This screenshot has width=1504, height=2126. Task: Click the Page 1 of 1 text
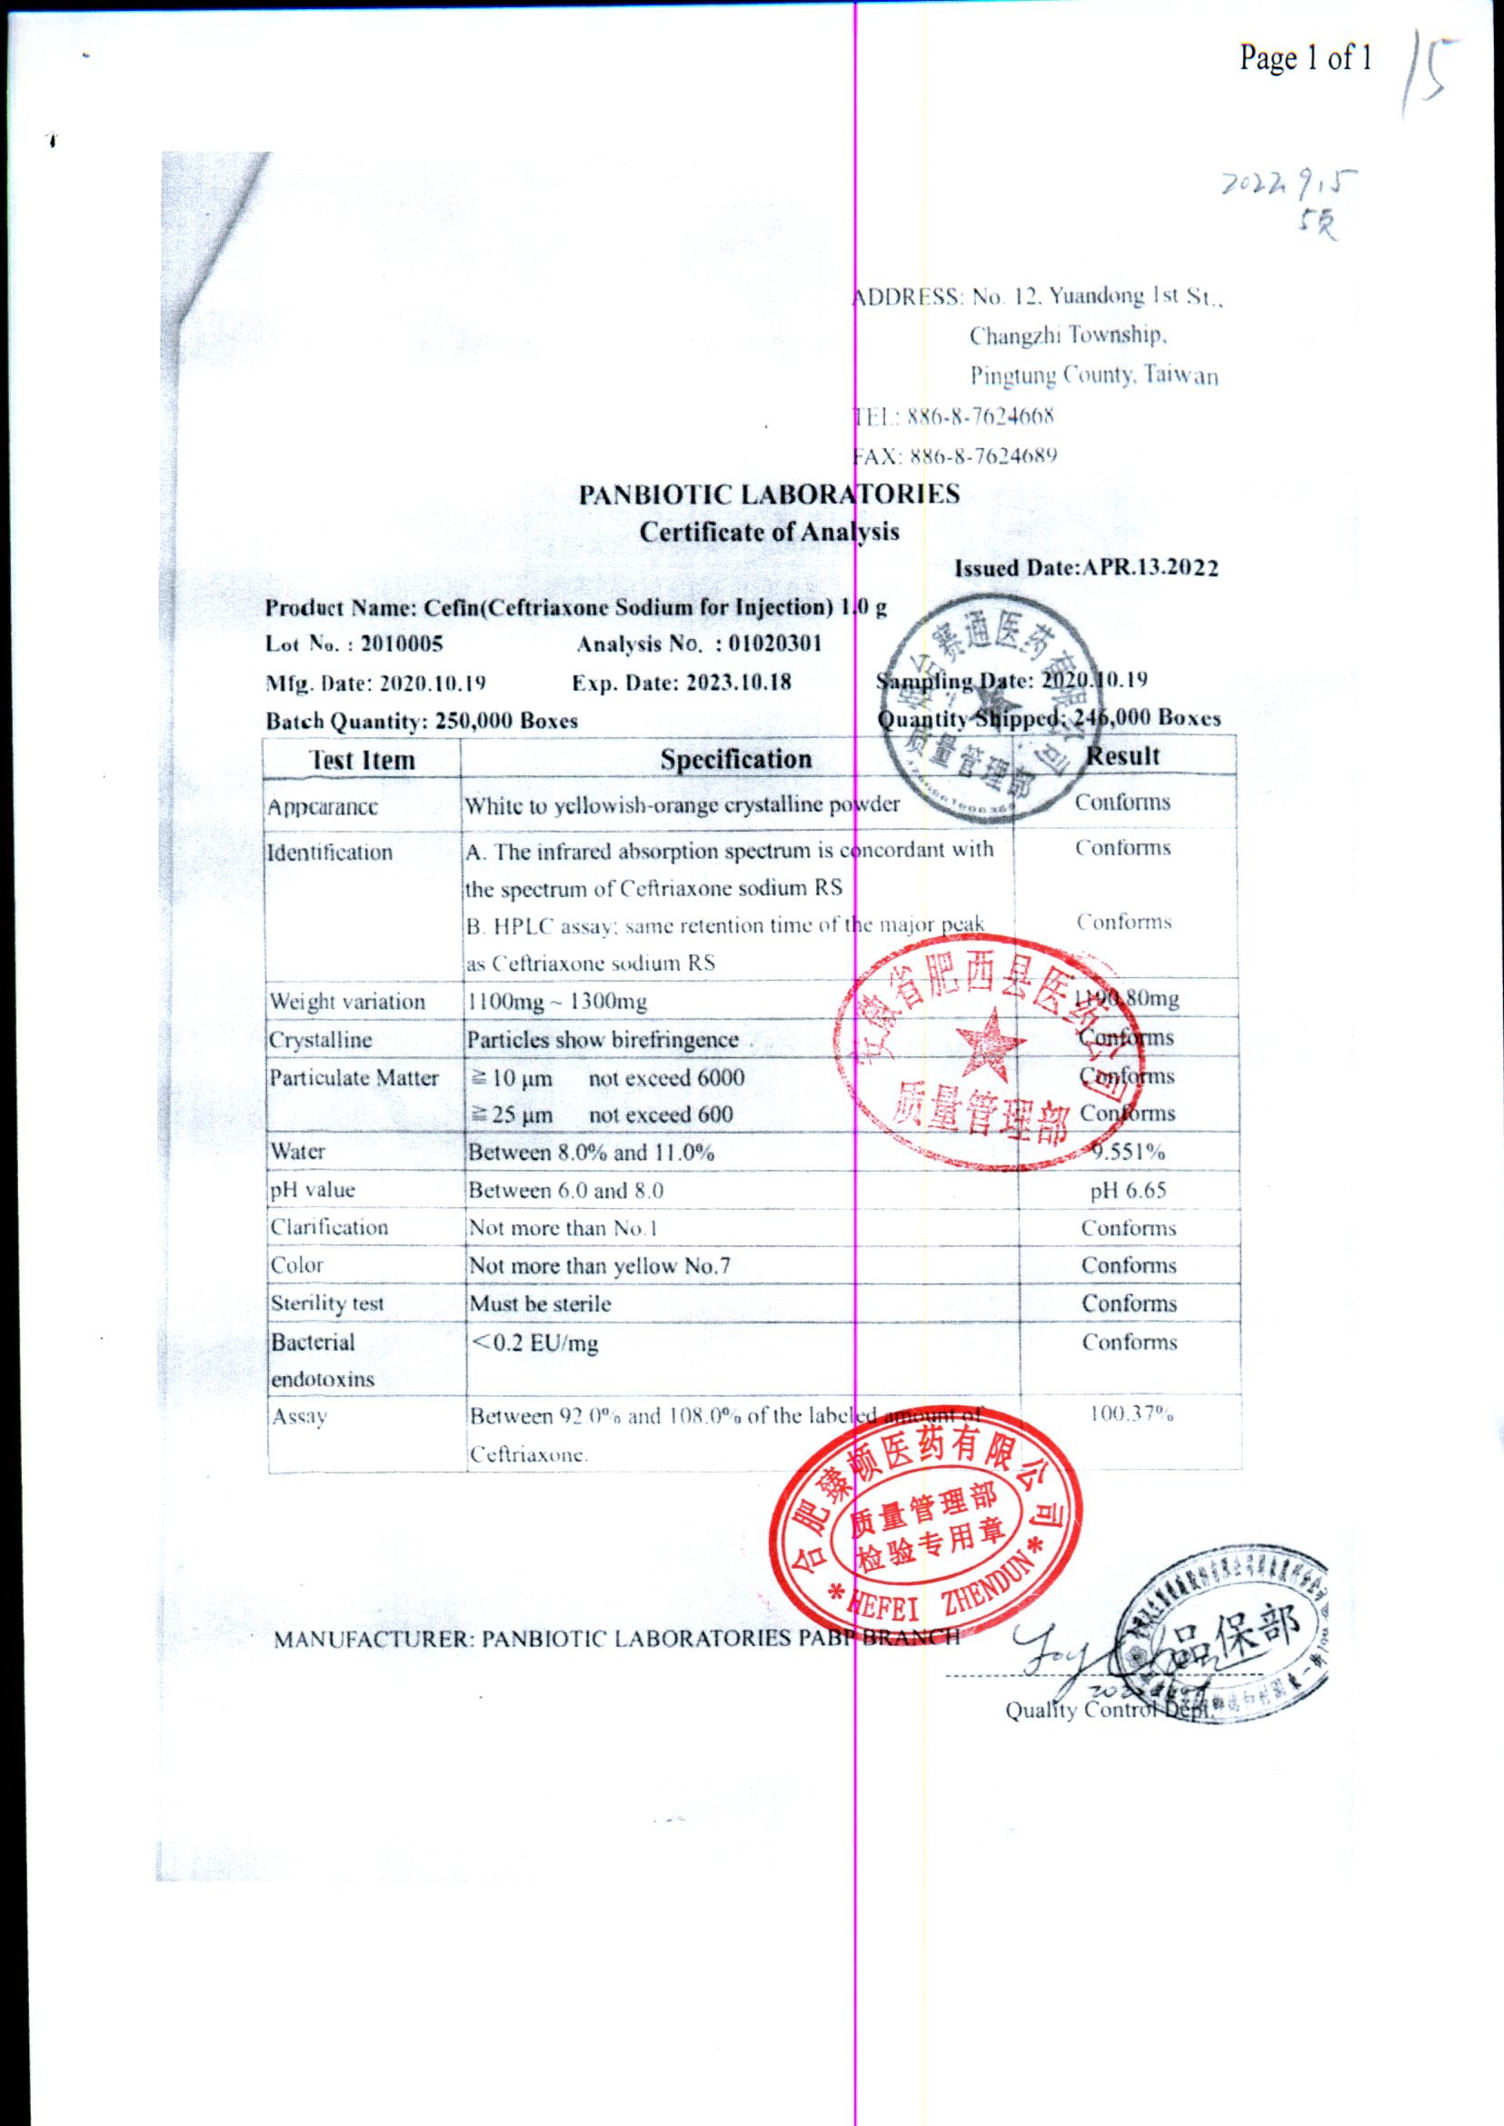click(x=1306, y=58)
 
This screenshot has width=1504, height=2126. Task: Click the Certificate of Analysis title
click(x=769, y=532)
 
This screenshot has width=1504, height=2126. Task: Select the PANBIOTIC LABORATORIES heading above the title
click(x=769, y=494)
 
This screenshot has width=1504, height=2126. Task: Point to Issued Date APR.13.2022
click(x=1086, y=569)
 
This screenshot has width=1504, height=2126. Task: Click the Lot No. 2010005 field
click(x=354, y=644)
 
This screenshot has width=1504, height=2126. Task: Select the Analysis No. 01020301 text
click(x=699, y=644)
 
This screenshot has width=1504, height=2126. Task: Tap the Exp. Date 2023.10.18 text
click(x=682, y=683)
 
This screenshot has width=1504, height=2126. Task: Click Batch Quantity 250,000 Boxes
click(x=422, y=721)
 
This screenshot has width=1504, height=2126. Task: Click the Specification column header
click(x=735, y=759)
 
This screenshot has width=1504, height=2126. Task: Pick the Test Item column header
click(x=361, y=761)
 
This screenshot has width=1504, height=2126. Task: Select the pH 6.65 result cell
click(x=1127, y=1191)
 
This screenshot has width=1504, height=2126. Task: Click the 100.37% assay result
click(x=1130, y=1414)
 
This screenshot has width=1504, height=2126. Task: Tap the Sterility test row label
click(x=327, y=1303)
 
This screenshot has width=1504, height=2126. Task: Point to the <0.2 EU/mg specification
click(x=534, y=1343)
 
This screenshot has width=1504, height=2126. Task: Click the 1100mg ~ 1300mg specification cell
click(x=556, y=1002)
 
